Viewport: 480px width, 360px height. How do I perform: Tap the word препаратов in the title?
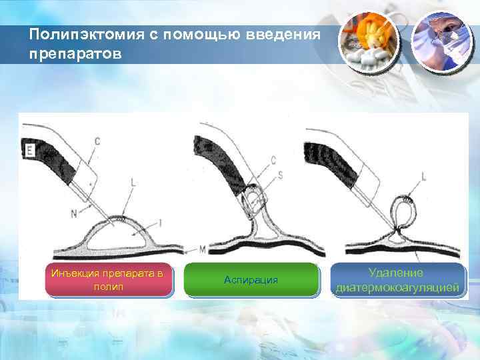tap(76, 53)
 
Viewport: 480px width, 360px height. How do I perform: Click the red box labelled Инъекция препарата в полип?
tap(107, 279)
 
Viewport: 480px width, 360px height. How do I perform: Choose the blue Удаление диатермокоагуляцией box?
tap(398, 279)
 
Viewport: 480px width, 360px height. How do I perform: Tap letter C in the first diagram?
tap(97, 141)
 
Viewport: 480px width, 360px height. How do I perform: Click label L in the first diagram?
tap(135, 181)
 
